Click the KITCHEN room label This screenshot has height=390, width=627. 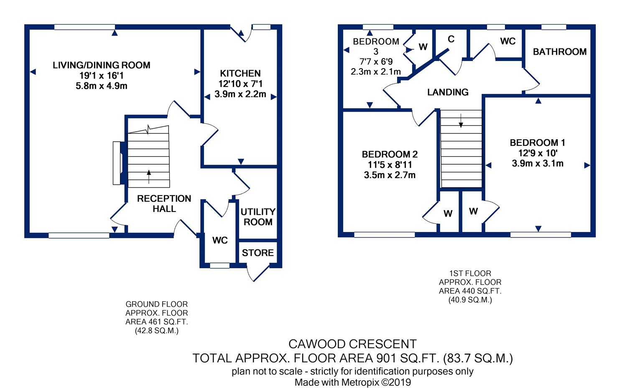click(x=240, y=74)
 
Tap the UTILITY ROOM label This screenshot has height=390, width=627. click(x=258, y=217)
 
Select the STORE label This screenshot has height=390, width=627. click(x=258, y=253)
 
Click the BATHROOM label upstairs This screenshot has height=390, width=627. click(x=560, y=52)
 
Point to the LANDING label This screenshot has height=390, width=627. click(x=448, y=92)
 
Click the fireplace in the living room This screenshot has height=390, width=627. click(x=117, y=163)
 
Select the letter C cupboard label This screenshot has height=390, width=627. click(x=451, y=39)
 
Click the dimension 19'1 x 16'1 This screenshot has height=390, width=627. click(x=102, y=76)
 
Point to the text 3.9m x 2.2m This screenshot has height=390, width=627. click(x=240, y=94)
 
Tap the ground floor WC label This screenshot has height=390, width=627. click(x=220, y=240)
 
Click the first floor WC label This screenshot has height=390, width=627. click(x=508, y=41)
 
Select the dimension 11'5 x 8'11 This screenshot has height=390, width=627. click(x=390, y=165)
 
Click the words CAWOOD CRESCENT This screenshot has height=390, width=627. click(x=352, y=344)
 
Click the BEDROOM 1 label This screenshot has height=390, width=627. click(x=538, y=143)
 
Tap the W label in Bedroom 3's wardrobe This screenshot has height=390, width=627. click(x=423, y=47)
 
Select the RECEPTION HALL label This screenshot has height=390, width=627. click(x=164, y=204)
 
